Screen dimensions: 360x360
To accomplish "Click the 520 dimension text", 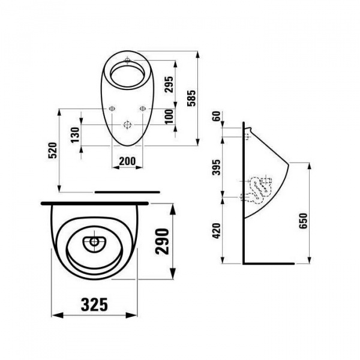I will (52, 149).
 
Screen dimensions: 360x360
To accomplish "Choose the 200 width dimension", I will (127, 160).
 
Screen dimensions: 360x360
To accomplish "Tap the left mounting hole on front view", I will (111, 109).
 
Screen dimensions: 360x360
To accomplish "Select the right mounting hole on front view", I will (142, 109).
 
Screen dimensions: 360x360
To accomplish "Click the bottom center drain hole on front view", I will (127, 125).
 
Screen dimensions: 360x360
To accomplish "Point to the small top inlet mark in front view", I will (127, 61).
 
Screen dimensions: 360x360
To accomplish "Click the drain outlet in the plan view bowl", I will (93, 242).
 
